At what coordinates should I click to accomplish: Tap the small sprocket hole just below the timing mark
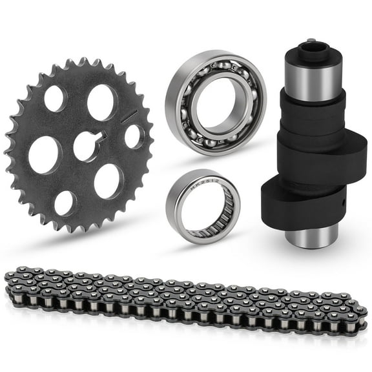[133, 136]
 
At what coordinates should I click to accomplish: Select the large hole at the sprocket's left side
[45, 154]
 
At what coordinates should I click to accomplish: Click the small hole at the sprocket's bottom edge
[64, 203]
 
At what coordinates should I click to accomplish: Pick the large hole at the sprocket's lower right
[107, 181]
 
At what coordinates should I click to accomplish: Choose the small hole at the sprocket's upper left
[54, 98]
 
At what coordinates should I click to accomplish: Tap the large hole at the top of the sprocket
[101, 101]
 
